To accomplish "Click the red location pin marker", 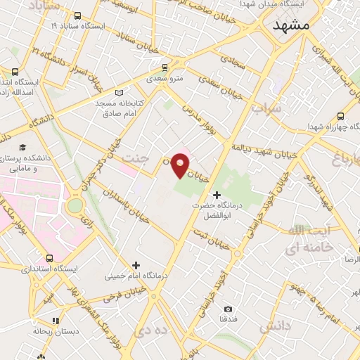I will pyautogui.click(x=181, y=165).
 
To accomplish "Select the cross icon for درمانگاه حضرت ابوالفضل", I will pyautogui.click(x=217, y=194).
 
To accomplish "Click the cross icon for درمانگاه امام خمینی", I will pyautogui.click(x=136, y=265).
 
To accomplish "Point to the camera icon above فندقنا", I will pyautogui.click(x=227, y=309).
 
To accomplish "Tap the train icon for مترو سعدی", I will pyautogui.click(x=165, y=67).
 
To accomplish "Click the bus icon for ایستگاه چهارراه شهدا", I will pyautogui.click(x=341, y=117).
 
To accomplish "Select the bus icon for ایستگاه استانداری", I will pyautogui.click(x=49, y=258).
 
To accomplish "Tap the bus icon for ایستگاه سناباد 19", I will pyautogui.click(x=77, y=15).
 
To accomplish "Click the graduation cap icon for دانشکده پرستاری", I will pyautogui.click(x=22, y=148).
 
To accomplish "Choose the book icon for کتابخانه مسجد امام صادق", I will pyautogui.click(x=118, y=93).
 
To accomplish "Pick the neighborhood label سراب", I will pyautogui.click(x=266, y=110).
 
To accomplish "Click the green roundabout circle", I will pyautogui.click(x=75, y=205).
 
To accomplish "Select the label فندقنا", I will pyautogui.click(x=228, y=319).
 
